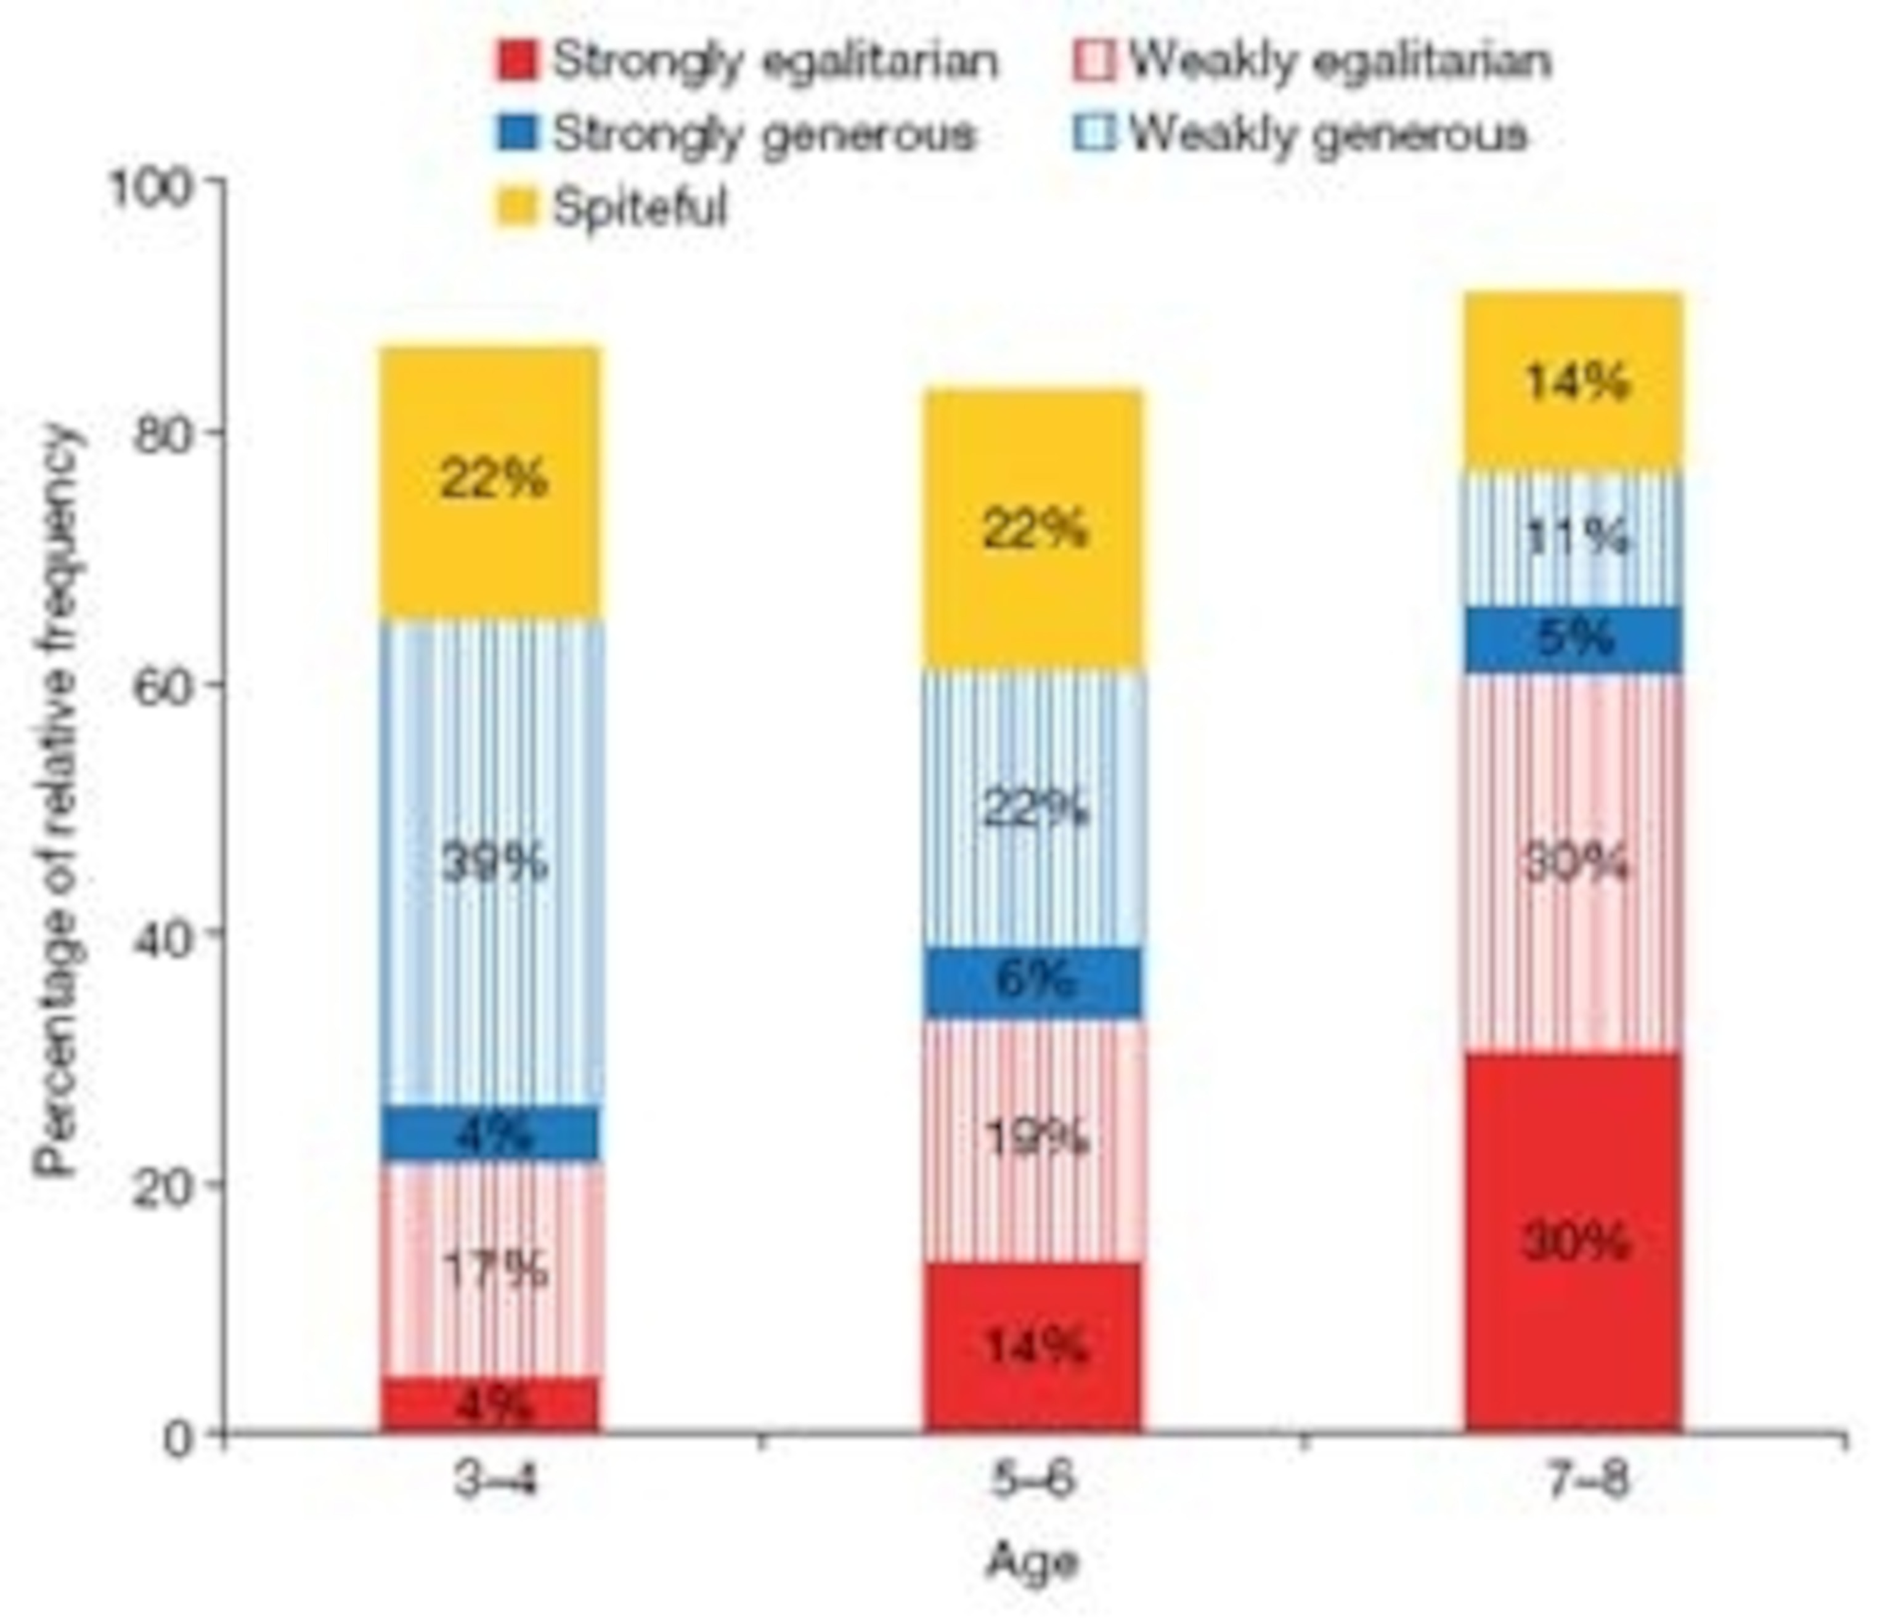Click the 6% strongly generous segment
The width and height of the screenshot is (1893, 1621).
coord(1032,982)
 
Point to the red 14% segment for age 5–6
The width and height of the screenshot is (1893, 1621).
coord(1032,1347)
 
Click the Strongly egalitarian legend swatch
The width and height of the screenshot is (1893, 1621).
coord(515,61)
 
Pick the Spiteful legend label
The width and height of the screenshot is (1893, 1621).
coord(640,208)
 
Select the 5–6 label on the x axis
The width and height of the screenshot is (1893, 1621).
coord(1032,1479)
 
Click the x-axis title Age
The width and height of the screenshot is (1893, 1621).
coord(1032,1562)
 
